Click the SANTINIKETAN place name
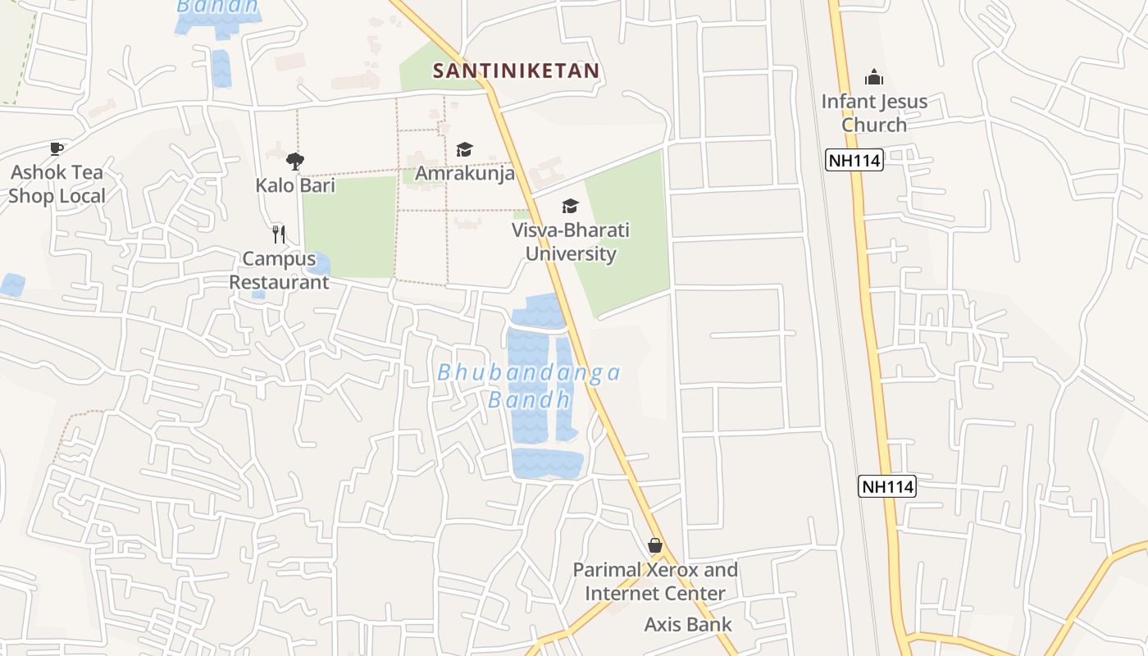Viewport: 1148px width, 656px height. [x=516, y=71]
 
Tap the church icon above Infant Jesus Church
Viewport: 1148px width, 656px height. [x=874, y=78]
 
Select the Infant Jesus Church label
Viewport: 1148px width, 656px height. [x=874, y=113]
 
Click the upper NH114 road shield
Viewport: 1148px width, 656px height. [x=854, y=161]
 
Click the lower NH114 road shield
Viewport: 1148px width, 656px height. [x=887, y=486]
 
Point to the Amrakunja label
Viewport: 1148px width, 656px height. [x=465, y=174]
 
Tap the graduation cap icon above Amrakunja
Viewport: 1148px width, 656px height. [x=465, y=149]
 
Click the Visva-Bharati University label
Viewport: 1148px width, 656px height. [x=571, y=242]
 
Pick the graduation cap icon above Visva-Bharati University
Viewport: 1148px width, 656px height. [x=570, y=206]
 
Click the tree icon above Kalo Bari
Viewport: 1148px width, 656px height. [x=295, y=161]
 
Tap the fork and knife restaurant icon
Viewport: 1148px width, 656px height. [x=279, y=235]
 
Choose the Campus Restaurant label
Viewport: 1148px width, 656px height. [x=279, y=271]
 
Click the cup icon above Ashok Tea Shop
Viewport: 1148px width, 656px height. [x=56, y=148]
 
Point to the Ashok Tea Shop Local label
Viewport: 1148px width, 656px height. [x=57, y=184]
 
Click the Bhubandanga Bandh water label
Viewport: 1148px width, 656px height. [x=529, y=385]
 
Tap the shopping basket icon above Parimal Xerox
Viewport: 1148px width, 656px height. [x=655, y=545]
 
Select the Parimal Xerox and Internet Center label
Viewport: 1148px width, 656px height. [x=655, y=581]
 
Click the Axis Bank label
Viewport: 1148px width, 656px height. [x=688, y=625]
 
